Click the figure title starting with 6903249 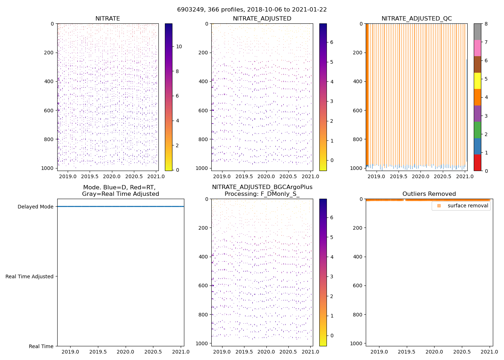(252, 10)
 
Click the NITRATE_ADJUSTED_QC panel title (417, 19)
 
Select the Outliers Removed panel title (429, 194)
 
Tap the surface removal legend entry (468, 206)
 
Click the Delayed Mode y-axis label (35, 207)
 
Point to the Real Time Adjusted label (30, 276)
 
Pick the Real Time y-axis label (41, 346)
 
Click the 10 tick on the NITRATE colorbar (179, 46)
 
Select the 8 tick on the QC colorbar (486, 24)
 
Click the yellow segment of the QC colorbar (477, 81)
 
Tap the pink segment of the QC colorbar (477, 48)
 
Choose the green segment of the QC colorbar (477, 130)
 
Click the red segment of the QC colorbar (477, 162)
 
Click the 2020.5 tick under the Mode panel (153, 352)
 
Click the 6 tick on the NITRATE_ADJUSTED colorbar (332, 42)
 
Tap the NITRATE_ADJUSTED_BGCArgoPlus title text (262, 187)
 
